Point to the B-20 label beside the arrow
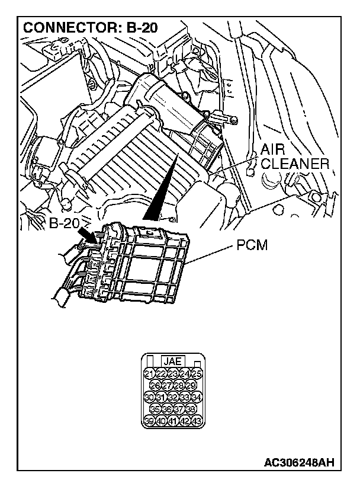click(65, 224)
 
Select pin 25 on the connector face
click(197, 373)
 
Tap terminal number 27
click(168, 385)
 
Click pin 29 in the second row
click(191, 385)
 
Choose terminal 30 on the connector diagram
click(150, 397)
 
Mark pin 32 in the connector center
click(173, 397)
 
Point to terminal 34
click(197, 397)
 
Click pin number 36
click(168, 409)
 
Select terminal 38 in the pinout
click(191, 409)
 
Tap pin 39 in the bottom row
click(150, 421)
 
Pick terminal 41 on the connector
click(173, 421)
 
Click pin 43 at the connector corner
click(197, 421)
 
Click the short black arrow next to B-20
click(89, 235)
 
